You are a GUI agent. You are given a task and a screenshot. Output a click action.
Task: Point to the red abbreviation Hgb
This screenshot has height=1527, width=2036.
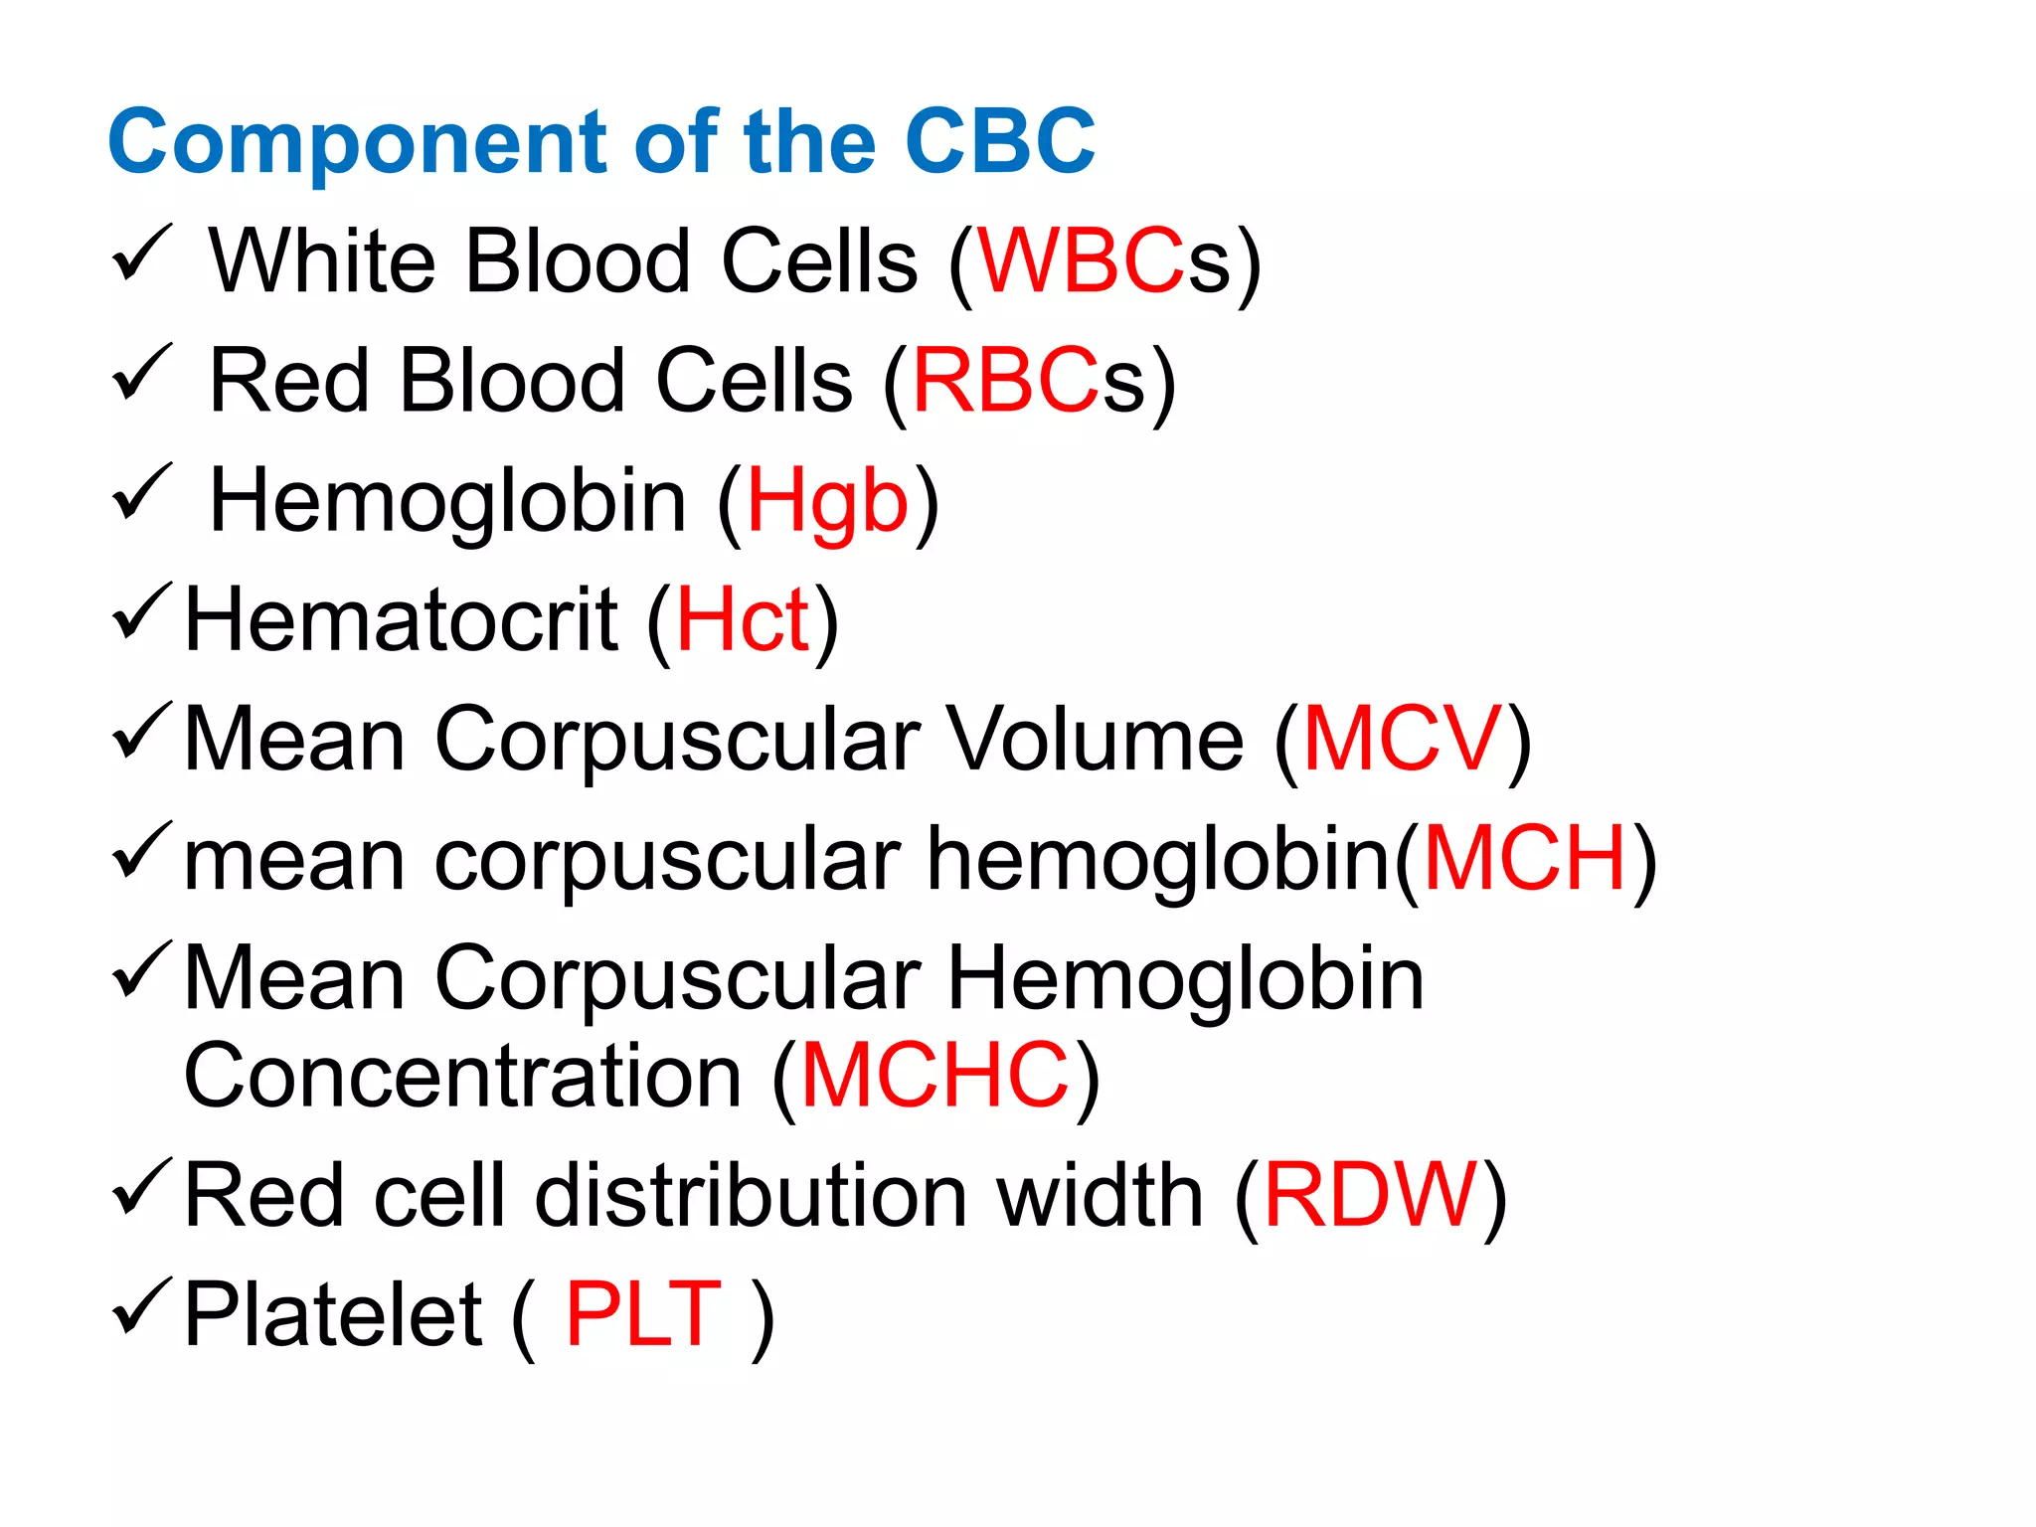827,502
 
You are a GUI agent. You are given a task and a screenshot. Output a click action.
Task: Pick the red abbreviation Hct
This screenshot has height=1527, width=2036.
743,620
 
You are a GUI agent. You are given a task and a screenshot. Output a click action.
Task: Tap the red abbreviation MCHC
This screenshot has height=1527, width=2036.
934,1075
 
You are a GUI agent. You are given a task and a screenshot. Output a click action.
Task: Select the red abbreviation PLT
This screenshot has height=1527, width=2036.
643,1314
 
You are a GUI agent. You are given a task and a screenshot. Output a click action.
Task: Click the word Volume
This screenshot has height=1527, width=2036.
1095,739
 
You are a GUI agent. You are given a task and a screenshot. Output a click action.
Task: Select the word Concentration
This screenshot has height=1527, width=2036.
463,1075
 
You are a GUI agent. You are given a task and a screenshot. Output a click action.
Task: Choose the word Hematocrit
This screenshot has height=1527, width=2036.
403,620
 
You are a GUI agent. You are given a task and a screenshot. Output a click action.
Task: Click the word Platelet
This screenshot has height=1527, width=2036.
334,1314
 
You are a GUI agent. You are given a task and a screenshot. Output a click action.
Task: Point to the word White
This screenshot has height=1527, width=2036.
322,261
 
